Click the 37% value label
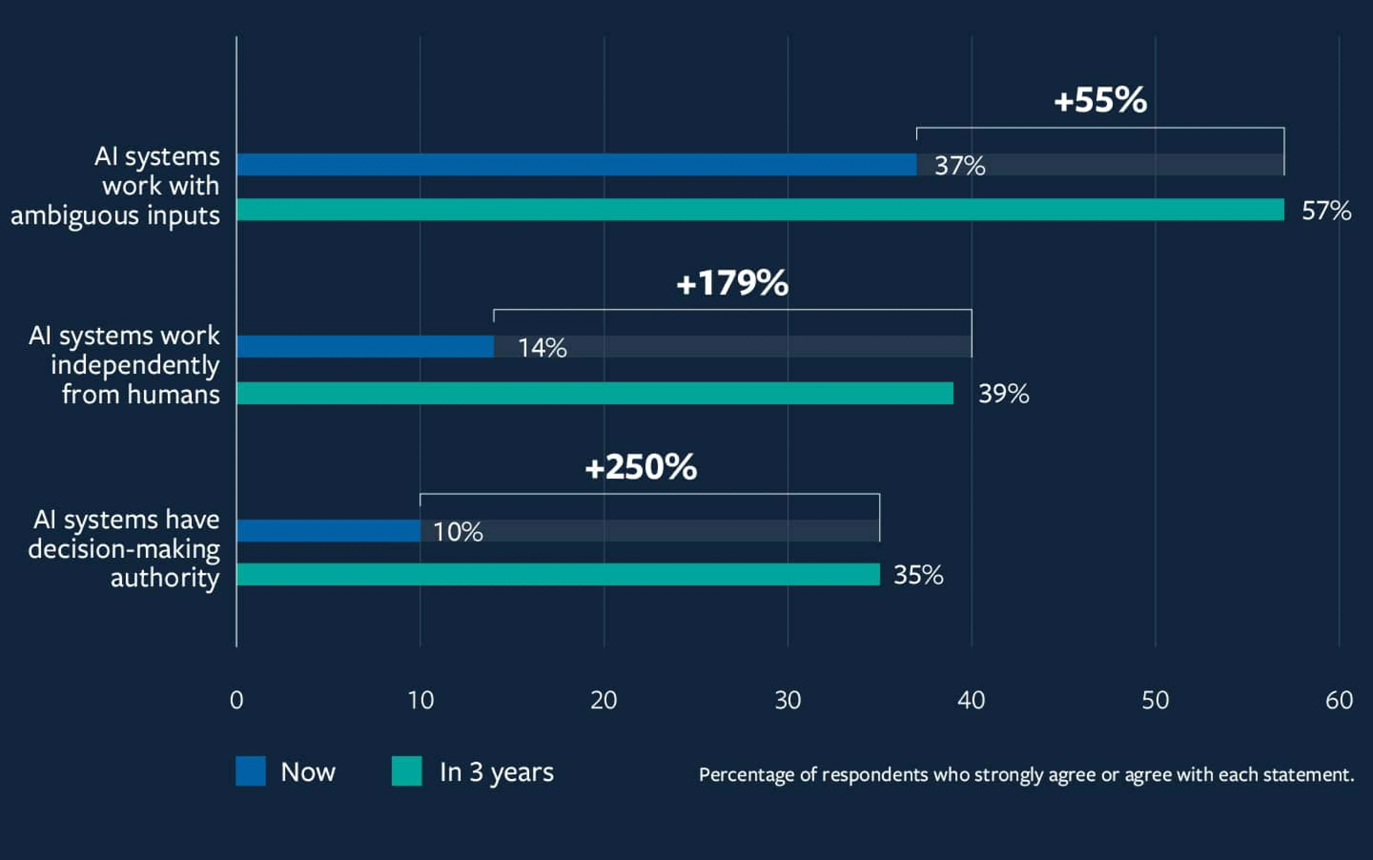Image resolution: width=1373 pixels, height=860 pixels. tap(960, 166)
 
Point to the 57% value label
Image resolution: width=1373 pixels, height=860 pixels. tap(1326, 211)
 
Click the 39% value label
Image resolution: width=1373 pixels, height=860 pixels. tap(1003, 394)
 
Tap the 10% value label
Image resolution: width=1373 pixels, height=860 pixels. tap(458, 532)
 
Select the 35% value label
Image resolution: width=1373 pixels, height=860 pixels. tap(918, 575)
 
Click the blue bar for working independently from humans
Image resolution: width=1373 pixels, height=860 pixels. tap(365, 347)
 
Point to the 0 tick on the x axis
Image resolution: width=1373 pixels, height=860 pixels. tap(237, 700)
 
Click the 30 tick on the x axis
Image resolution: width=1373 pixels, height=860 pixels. tap(788, 700)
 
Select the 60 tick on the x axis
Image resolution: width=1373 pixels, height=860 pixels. tap(1339, 700)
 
